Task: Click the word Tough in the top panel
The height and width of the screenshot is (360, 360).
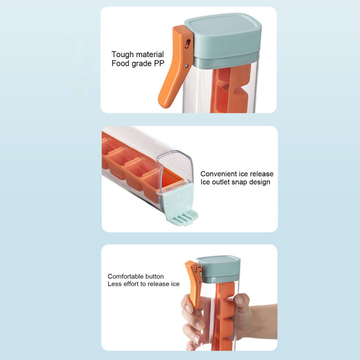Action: click(123, 55)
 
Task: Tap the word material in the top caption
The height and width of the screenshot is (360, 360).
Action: click(150, 55)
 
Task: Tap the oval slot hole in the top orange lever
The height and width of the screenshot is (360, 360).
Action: click(188, 43)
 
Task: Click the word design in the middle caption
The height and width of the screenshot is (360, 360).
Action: click(260, 182)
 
